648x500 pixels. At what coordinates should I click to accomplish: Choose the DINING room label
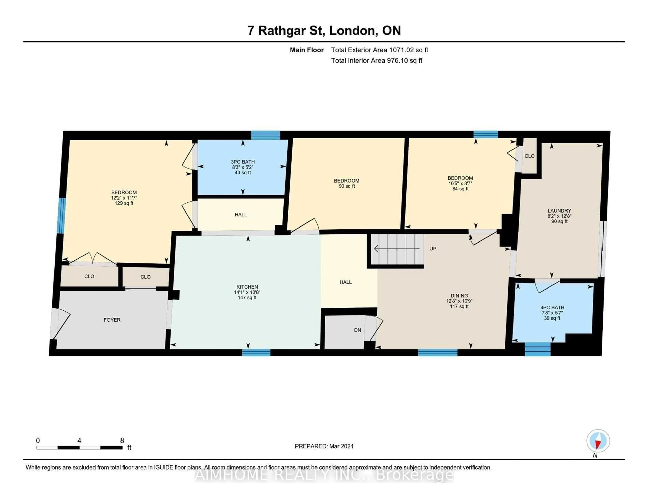coord(459,296)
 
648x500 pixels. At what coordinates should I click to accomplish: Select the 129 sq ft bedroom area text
coord(124,203)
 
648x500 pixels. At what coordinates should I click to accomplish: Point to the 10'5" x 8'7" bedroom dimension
coord(460,184)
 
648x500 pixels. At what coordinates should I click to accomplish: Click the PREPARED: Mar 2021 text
coord(324,446)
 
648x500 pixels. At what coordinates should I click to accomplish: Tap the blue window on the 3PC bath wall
coord(266,135)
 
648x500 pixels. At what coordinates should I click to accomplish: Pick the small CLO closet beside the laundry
coord(529,156)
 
